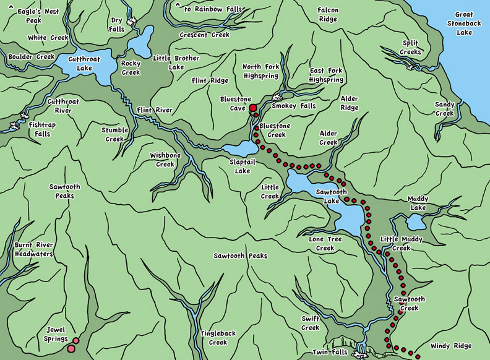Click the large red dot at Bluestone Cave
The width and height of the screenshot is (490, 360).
tap(252, 108)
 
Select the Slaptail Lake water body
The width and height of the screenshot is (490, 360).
tap(240, 149)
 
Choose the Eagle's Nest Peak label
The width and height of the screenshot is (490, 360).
tap(38, 15)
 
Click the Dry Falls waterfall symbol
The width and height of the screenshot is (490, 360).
tap(131, 22)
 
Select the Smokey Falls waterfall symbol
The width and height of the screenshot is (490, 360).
tap(277, 97)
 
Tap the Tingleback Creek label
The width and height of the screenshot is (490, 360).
tap(218, 338)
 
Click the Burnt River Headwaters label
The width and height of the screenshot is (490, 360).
tap(34, 249)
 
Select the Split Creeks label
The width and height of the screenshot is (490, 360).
tap(411, 48)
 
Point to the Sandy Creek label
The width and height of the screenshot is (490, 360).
tap(444, 109)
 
